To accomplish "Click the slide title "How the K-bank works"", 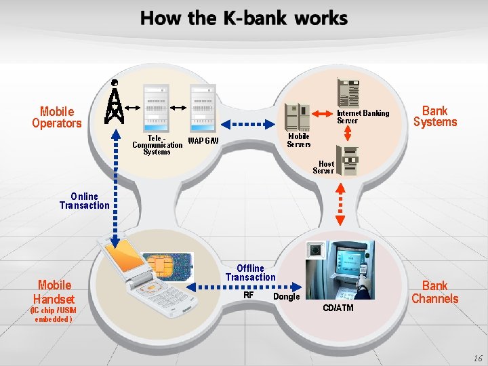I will pyautogui.click(x=244, y=18).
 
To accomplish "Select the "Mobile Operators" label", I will pyautogui.click(x=57, y=117).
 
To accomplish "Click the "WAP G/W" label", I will pyautogui.click(x=203, y=141).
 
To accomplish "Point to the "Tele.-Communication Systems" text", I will pyautogui.click(x=157, y=144).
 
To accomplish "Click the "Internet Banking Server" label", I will pyautogui.click(x=363, y=117).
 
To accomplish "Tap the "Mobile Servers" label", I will pyautogui.click(x=299, y=140).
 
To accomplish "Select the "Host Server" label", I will pyautogui.click(x=324, y=167).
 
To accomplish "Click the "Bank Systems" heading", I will pyautogui.click(x=435, y=116).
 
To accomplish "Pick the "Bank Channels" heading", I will pyautogui.click(x=435, y=292).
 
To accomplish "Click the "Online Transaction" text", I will pyautogui.click(x=84, y=201).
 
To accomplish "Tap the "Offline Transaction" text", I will pyautogui.click(x=251, y=272).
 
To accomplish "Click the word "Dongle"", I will pyautogui.click(x=286, y=296).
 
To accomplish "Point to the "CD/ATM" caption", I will pyautogui.click(x=338, y=308).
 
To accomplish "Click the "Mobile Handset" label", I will pyautogui.click(x=55, y=291).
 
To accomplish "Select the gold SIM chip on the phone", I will pyautogui.click(x=162, y=266).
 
